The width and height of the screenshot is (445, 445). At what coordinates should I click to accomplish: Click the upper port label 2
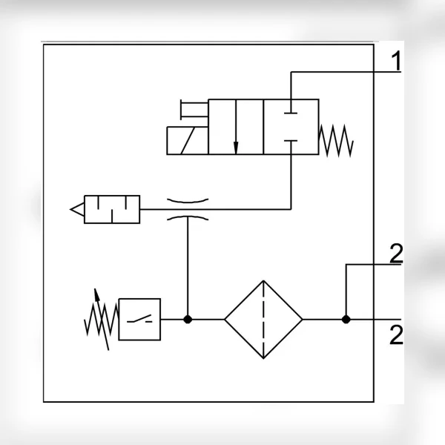click(x=396, y=253)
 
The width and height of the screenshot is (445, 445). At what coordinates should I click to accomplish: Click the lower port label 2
click(x=396, y=335)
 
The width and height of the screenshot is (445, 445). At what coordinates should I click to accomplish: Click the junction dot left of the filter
click(x=188, y=320)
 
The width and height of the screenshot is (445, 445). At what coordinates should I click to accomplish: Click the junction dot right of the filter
click(x=346, y=320)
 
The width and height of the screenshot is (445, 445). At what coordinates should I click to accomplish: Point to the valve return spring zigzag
click(x=336, y=141)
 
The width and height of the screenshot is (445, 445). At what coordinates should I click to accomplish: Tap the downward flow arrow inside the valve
click(x=236, y=127)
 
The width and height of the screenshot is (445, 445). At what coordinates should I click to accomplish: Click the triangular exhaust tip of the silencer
click(x=71, y=209)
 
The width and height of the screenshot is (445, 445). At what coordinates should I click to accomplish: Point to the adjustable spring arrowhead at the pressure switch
click(x=96, y=294)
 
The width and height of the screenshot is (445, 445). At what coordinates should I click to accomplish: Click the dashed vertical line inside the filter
click(x=263, y=320)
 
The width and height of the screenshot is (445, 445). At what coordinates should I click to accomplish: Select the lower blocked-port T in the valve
click(x=291, y=148)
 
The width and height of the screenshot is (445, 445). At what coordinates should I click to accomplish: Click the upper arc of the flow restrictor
click(x=188, y=202)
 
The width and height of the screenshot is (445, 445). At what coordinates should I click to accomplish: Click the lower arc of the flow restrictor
click(x=188, y=217)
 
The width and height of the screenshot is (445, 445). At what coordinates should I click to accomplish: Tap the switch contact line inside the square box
click(x=139, y=319)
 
